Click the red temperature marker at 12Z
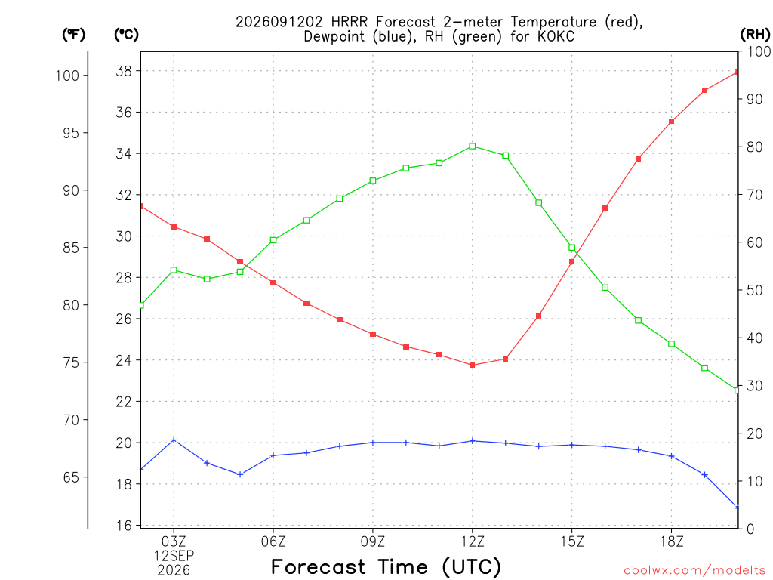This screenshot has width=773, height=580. pyautogui.click(x=473, y=366)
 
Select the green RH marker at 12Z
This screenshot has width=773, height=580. pyautogui.click(x=473, y=146)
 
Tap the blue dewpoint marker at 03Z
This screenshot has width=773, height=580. pyautogui.click(x=174, y=440)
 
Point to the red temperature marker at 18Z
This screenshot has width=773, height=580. pyautogui.click(x=671, y=122)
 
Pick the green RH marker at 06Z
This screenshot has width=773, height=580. pyautogui.click(x=273, y=240)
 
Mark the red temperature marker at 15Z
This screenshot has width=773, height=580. pyautogui.click(x=572, y=262)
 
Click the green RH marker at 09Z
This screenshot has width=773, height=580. pyautogui.click(x=373, y=181)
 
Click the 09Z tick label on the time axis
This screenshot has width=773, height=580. pyautogui.click(x=373, y=542)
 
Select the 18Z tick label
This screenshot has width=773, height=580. pyautogui.click(x=671, y=542)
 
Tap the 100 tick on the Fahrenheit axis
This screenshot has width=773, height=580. pyautogui.click(x=67, y=76)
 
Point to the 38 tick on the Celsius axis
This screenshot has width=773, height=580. pyautogui.click(x=125, y=71)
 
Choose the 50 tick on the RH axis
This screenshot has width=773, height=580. pyautogui.click(x=754, y=290)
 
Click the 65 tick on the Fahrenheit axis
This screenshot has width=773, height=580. pyautogui.click(x=71, y=477)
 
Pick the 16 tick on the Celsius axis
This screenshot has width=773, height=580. pyautogui.click(x=125, y=526)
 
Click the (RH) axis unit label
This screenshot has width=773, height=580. pyautogui.click(x=755, y=35)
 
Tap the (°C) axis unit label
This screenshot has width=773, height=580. pyautogui.click(x=126, y=35)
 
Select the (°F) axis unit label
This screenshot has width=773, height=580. pyautogui.click(x=73, y=35)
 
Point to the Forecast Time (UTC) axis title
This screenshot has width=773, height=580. pyautogui.click(x=386, y=567)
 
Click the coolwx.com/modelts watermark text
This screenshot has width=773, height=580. pyautogui.click(x=694, y=570)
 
